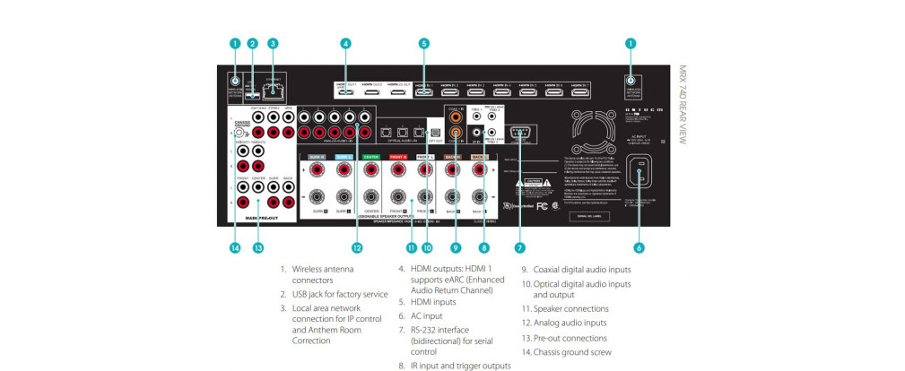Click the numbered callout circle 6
click(639, 247)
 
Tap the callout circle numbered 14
click(235, 248)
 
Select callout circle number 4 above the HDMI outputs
click(345, 42)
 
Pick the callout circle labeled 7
click(520, 247)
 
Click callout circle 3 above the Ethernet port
click(273, 42)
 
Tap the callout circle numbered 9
click(456, 248)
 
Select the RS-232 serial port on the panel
click(521, 134)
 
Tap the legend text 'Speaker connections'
click(570, 309)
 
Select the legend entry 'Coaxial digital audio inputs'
click(582, 269)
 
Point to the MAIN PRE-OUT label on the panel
click(259, 217)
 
